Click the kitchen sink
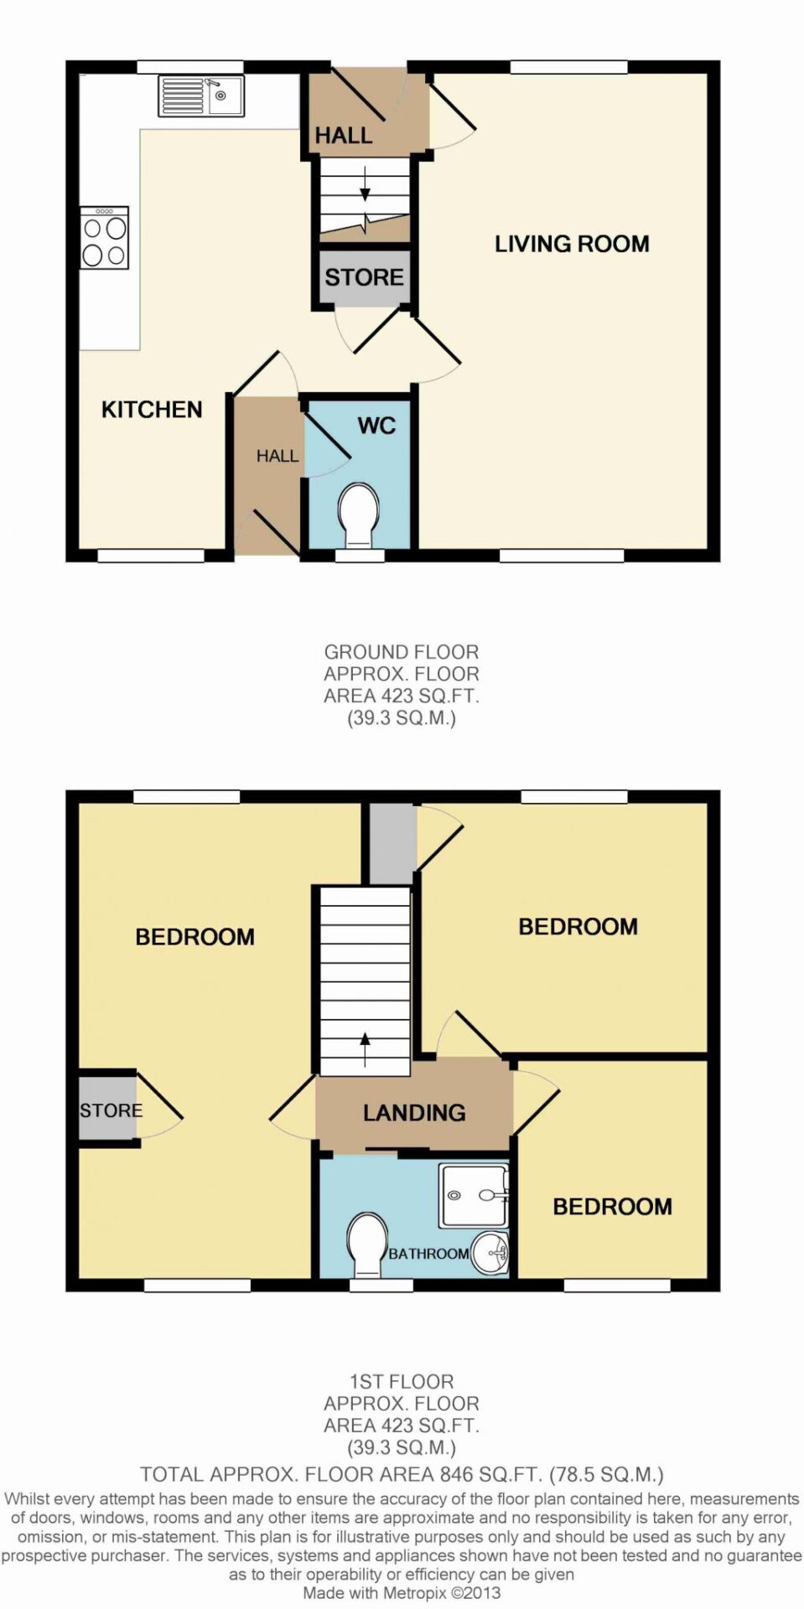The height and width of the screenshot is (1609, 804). [x=201, y=96]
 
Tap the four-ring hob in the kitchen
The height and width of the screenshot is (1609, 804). [x=105, y=237]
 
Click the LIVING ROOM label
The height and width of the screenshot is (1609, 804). [x=572, y=244]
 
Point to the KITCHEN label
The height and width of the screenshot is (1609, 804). [x=152, y=410]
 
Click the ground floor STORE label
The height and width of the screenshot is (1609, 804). [x=365, y=277]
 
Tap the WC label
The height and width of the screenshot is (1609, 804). [x=376, y=426]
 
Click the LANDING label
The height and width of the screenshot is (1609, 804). [x=414, y=1113]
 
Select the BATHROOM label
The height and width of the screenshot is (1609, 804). [x=428, y=1254]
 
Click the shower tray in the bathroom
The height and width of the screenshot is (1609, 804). [x=475, y=1196]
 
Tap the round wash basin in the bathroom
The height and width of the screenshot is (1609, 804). [x=490, y=1253]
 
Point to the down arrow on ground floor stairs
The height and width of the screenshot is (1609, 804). [x=365, y=184]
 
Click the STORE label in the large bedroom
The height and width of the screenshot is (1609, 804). [x=112, y=1110]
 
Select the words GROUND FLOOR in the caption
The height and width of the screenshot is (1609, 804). [x=402, y=652]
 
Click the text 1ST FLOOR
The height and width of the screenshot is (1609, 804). [x=402, y=1382]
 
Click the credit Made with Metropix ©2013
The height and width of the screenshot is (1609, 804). [x=402, y=1593]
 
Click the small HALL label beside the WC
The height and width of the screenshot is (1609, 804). [x=278, y=456]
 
